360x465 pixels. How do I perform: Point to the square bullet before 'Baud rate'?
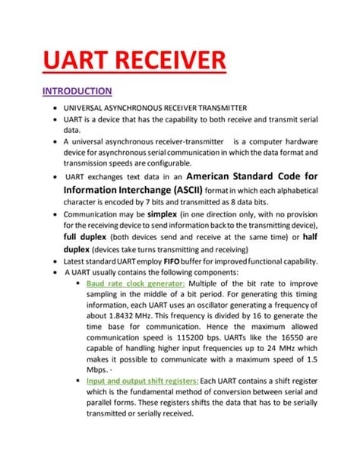[x=79, y=283]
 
